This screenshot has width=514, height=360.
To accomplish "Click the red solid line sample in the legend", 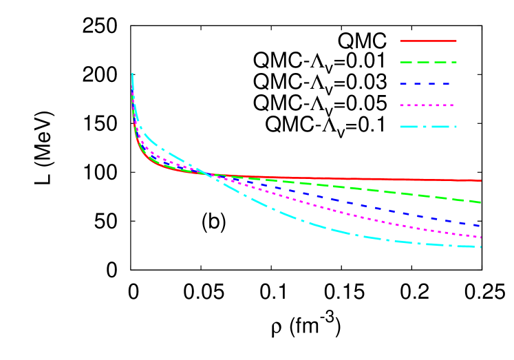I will (428, 41).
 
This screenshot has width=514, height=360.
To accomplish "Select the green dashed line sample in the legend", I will (428, 62).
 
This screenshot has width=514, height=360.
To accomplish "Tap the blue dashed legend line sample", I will (425, 83).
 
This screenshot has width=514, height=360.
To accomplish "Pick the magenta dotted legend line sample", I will (427, 105).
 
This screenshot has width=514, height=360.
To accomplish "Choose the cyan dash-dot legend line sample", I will (428, 127).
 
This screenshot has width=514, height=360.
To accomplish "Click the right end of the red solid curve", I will (480, 180).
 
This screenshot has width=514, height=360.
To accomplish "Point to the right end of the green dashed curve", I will (480, 202).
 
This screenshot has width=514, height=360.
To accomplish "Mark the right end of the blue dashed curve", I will (480, 225).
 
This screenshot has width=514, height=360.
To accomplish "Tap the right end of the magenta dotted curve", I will (480, 237).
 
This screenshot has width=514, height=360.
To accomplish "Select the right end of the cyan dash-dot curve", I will (480, 246).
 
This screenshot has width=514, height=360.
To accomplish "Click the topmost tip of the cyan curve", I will (132, 74).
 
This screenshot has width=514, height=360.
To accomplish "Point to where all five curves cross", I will (208, 175).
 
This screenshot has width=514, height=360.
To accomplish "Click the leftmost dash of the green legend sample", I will (406, 62).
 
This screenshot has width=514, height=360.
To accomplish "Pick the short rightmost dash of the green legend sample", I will (454, 62).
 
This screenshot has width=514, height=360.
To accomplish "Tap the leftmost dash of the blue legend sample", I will (403, 83).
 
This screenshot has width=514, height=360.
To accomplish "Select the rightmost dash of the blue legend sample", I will (446, 83).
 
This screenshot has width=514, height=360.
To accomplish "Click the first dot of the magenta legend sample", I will (402, 105).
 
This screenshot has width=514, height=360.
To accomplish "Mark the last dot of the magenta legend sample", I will (451, 105).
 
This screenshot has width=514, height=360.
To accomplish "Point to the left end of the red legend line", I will (401, 41).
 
